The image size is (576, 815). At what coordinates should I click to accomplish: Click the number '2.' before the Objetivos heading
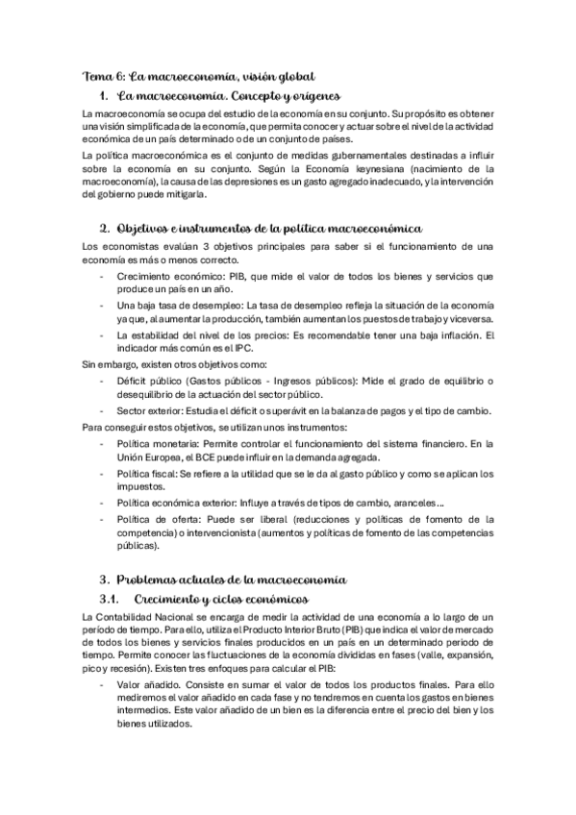point(106,229)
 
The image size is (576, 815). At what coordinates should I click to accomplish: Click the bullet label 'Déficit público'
point(149,382)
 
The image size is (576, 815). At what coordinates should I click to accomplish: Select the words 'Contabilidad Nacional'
point(149,616)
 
